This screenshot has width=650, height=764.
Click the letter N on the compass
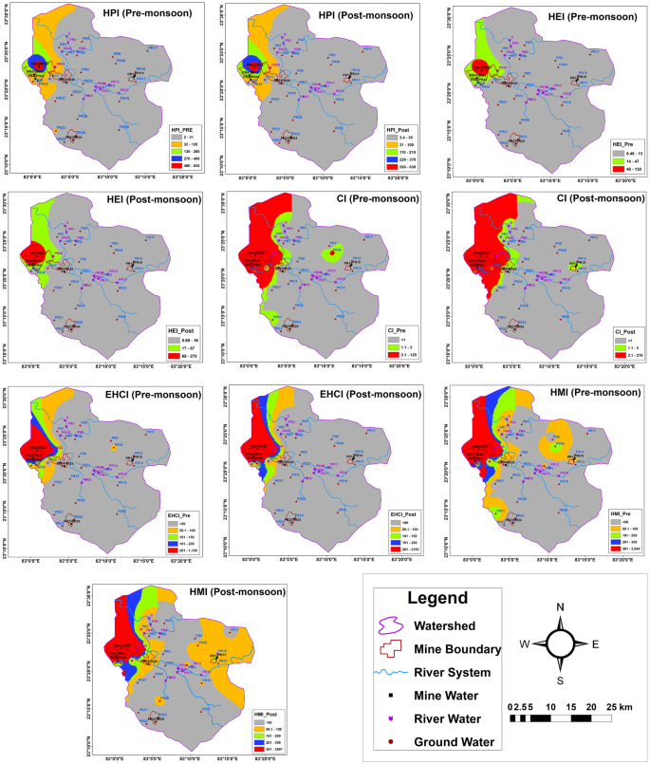560,606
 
